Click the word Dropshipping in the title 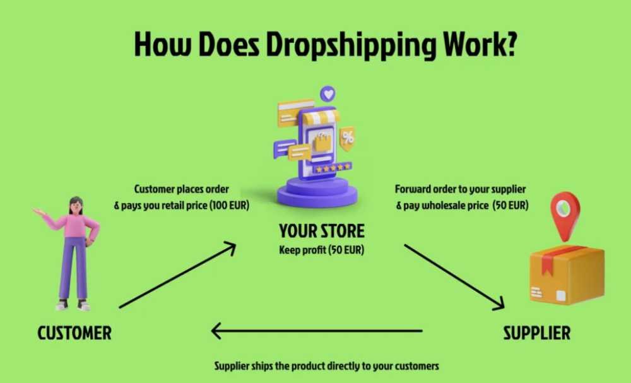(x=351, y=45)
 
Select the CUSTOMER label (x=74, y=333)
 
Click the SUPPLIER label (x=537, y=333)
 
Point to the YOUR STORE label (x=322, y=231)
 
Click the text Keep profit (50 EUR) (x=322, y=250)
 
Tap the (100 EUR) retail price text (x=230, y=205)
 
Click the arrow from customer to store (x=177, y=275)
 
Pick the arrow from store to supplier (x=454, y=277)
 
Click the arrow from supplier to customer (x=317, y=331)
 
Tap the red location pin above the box (x=565, y=216)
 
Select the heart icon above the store (x=328, y=94)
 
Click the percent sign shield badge (x=347, y=138)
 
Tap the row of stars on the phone (x=333, y=168)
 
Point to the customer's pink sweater (x=74, y=225)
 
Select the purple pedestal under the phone (x=317, y=192)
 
